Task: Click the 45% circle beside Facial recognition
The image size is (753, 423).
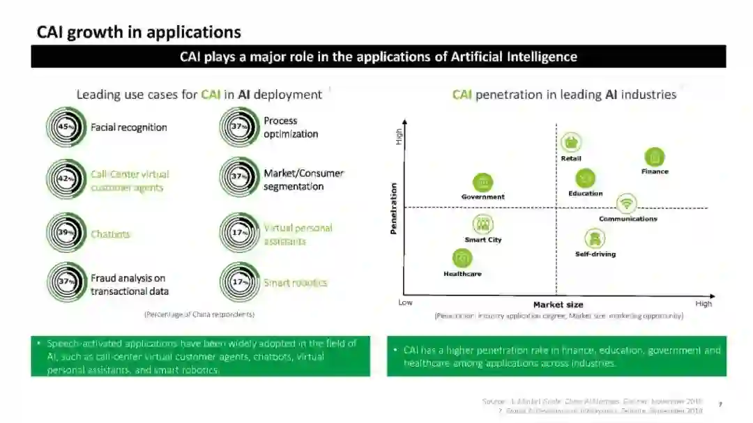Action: tap(66, 128)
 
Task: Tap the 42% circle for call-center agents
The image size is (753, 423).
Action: tap(66, 179)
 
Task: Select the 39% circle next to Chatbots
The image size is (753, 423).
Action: tap(66, 233)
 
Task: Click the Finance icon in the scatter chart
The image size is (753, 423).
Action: tap(654, 157)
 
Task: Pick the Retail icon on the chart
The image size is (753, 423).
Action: tap(571, 142)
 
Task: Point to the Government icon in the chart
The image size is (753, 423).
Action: tap(482, 183)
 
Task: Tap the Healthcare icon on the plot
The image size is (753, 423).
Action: tap(462, 259)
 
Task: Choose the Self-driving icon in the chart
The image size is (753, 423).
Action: tap(595, 239)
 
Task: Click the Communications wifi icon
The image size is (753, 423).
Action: tap(627, 203)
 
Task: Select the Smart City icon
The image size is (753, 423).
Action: tap(482, 224)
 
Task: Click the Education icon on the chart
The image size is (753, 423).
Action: tap(585, 178)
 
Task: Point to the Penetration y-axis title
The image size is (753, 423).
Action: tap(394, 208)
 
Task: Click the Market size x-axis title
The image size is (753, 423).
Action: tap(558, 305)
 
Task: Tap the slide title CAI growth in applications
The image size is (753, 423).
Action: tap(139, 32)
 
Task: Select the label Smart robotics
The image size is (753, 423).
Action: tap(295, 283)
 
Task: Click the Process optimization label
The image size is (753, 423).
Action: tap(291, 128)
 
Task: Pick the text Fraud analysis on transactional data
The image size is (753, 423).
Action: tap(130, 285)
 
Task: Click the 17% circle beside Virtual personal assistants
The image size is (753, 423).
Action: tap(240, 233)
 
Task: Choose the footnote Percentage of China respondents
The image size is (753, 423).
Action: tap(199, 314)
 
